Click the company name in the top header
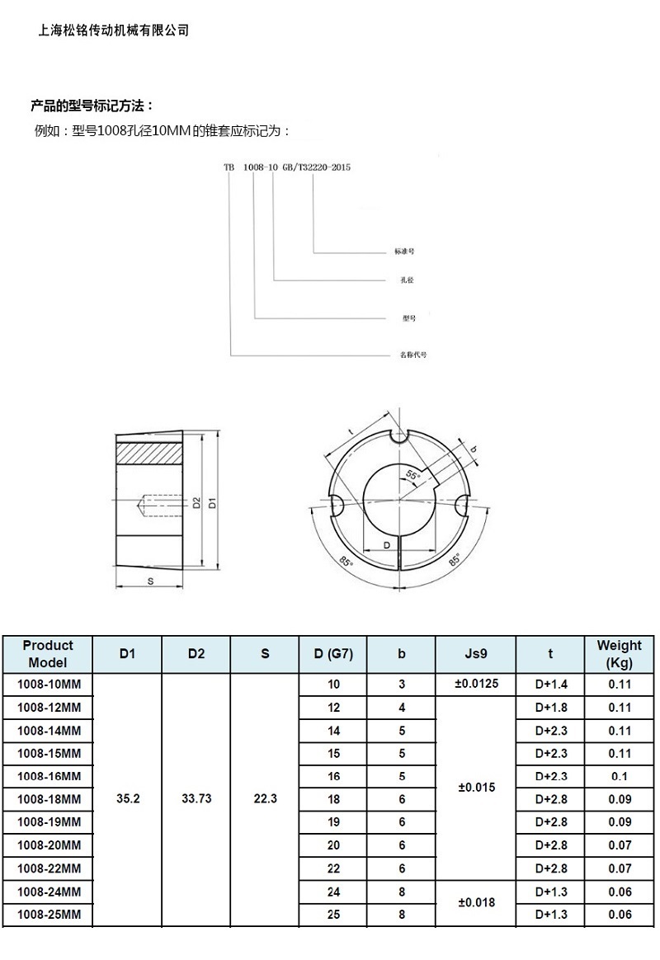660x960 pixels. click(x=114, y=31)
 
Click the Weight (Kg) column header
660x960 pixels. click(x=619, y=654)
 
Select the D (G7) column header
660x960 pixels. click(x=333, y=654)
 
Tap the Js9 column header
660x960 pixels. click(x=475, y=654)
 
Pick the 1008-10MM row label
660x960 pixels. click(x=49, y=685)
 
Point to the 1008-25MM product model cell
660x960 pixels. click(x=49, y=915)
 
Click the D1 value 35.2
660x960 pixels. click(x=127, y=799)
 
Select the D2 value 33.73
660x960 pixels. click(x=196, y=799)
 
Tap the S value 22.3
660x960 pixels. click(x=265, y=799)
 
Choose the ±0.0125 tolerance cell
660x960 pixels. click(x=475, y=684)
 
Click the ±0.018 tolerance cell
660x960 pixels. click(x=475, y=903)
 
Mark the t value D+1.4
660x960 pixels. click(x=550, y=685)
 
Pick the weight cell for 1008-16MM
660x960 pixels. click(x=619, y=777)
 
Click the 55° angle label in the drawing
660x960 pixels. click(x=412, y=476)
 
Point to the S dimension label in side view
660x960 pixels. click(x=150, y=581)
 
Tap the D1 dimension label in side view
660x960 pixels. click(x=212, y=501)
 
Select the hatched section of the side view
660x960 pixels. click(x=148, y=453)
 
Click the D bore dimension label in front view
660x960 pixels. click(x=386, y=546)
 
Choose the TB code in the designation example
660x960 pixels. click(x=229, y=167)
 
